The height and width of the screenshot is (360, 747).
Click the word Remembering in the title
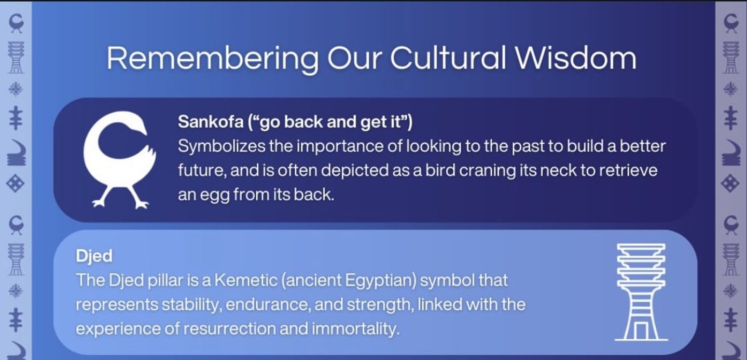click(213, 59)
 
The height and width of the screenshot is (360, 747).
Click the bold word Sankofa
click(211, 122)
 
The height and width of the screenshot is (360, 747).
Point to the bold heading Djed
click(94, 257)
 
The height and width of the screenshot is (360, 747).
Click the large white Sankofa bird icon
click(120, 160)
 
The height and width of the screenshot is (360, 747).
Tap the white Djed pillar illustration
click(641, 292)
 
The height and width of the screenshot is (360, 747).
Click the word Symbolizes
click(222, 147)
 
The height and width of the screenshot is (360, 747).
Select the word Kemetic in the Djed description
click(246, 280)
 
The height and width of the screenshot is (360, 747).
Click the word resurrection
click(229, 329)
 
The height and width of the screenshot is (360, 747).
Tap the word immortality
click(355, 329)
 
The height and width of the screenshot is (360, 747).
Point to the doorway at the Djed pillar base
click(641, 331)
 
